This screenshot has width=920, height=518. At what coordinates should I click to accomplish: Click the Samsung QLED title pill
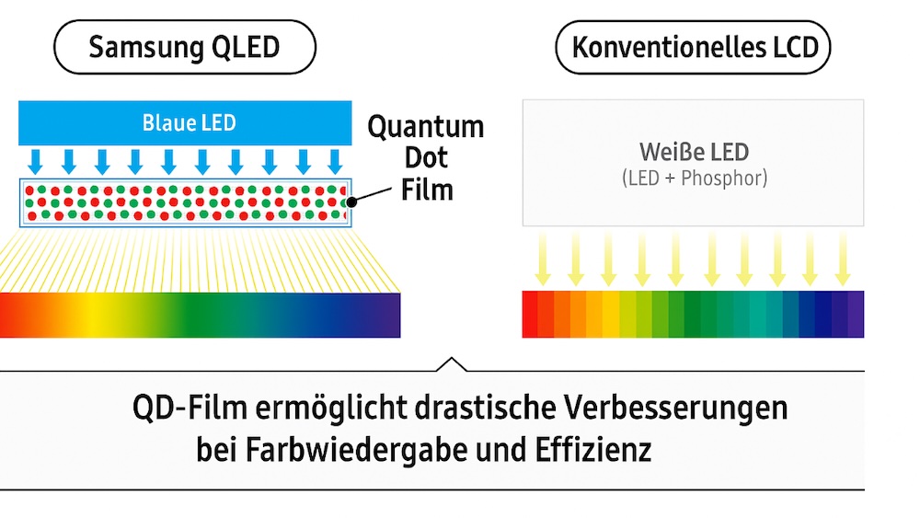[x=184, y=48]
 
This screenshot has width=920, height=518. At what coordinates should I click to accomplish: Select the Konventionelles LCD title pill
[x=694, y=48]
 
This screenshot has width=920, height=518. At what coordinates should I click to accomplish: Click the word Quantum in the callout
[x=426, y=127]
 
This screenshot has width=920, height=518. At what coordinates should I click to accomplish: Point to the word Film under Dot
[x=427, y=190]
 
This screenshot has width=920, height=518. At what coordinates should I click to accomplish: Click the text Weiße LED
[x=694, y=151]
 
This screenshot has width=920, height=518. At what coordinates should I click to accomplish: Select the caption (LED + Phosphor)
[x=694, y=178]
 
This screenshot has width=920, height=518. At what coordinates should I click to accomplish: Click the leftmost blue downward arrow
[x=35, y=160]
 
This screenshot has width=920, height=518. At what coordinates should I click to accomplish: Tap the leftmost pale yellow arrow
[x=542, y=260]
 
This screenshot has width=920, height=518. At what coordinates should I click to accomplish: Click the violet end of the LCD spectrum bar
[x=855, y=314]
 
